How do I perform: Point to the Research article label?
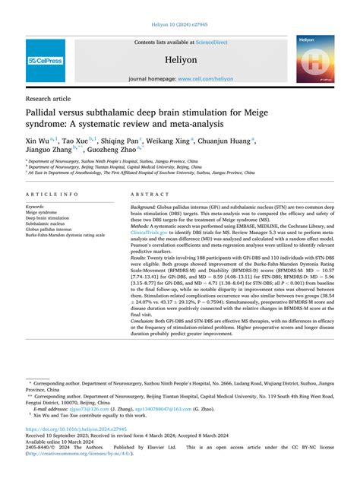[x=49, y=98]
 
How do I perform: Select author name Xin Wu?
[x=38, y=141]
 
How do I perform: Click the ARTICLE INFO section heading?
[x=52, y=195]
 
